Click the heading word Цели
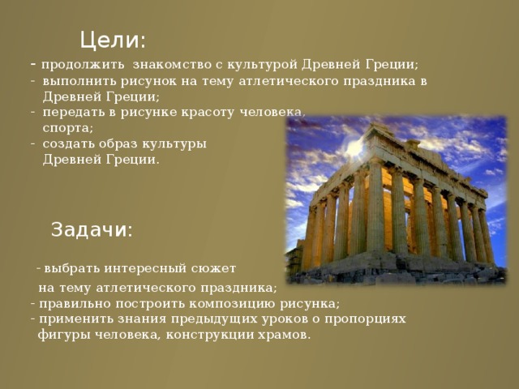click(x=112, y=41)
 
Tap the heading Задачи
click(x=92, y=229)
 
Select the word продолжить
click(x=83, y=65)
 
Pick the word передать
click(x=75, y=113)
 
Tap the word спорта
click(x=68, y=129)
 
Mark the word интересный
click(x=145, y=268)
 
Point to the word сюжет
click(x=213, y=268)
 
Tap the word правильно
click(x=75, y=304)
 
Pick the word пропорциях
click(x=365, y=319)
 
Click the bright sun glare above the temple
click(x=355, y=147)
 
